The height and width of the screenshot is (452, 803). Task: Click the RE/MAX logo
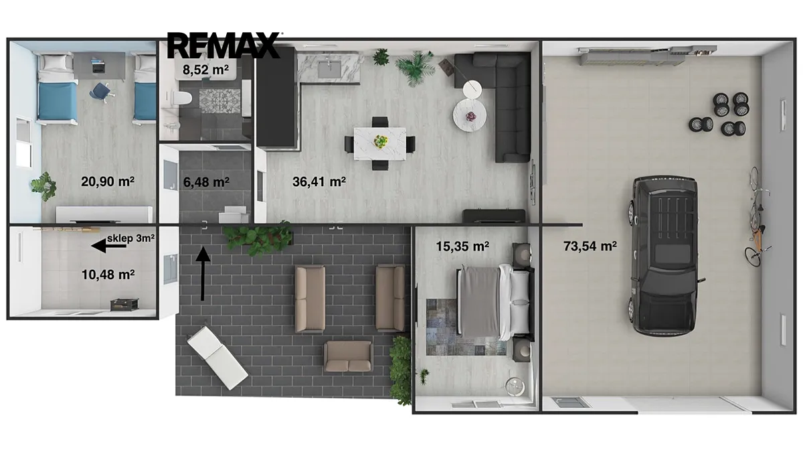point(224,46)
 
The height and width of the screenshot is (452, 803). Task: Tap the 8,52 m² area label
point(205,70)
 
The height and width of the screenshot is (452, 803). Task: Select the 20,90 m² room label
point(108,181)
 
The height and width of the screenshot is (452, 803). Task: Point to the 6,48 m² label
point(206,182)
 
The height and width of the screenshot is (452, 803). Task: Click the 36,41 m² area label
point(319,181)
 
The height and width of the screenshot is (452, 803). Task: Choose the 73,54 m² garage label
point(590,246)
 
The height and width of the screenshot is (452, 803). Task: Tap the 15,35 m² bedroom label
point(462,246)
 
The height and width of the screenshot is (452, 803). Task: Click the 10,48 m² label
point(108,275)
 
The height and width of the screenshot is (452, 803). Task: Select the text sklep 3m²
point(131,238)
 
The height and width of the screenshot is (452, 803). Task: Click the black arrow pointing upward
point(203,273)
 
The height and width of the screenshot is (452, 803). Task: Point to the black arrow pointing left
point(109,246)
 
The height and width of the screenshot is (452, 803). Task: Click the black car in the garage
point(664,256)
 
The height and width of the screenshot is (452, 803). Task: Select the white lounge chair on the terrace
point(217,358)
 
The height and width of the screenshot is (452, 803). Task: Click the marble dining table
point(380,143)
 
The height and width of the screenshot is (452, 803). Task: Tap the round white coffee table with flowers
point(470,115)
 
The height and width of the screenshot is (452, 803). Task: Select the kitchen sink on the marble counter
point(330,69)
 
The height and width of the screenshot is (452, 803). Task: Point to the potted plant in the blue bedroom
point(43,187)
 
